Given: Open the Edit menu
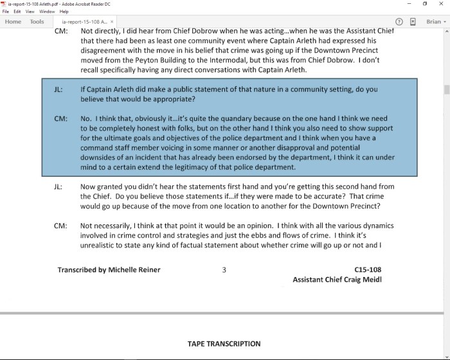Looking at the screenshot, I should [18, 12].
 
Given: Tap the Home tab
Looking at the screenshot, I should [13, 22].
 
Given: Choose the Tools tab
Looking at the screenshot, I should [37, 22].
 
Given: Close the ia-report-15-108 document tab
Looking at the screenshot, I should [112, 22].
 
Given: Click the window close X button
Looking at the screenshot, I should [441, 4].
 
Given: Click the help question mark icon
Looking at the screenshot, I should [399, 22].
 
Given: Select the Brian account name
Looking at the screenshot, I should [433, 22].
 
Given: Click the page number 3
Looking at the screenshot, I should [224, 270].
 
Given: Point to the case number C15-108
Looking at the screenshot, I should [368, 270].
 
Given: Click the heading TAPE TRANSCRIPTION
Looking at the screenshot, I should [224, 344].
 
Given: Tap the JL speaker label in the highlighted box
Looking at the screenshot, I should [59, 90].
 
